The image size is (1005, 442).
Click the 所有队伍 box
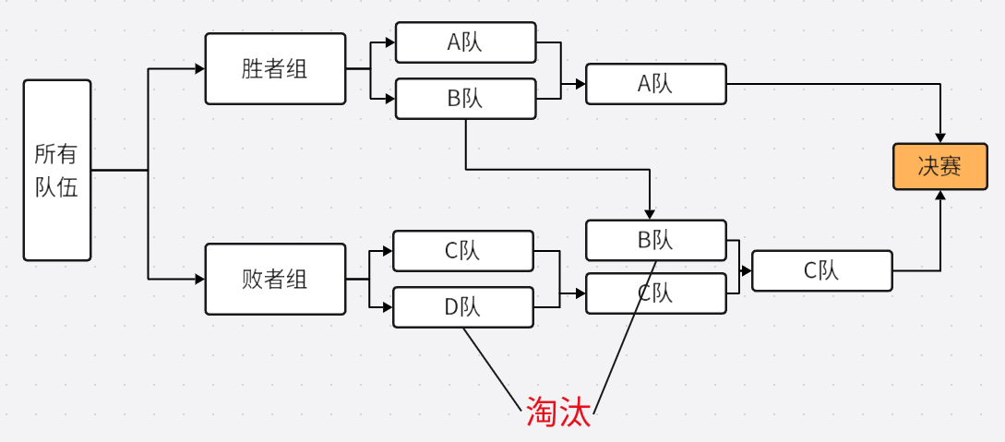[57, 170]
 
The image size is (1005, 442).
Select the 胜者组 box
[275, 69]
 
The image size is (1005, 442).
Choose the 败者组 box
[275, 279]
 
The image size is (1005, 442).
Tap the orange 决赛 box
[939, 166]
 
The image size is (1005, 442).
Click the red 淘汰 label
[558, 412]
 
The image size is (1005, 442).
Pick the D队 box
[463, 307]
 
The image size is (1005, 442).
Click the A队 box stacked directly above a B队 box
[465, 42]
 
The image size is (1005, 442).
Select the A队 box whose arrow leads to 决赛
[655, 84]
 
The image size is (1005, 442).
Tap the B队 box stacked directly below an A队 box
[465, 99]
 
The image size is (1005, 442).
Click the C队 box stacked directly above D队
[463, 251]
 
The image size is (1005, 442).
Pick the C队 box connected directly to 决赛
[821, 270]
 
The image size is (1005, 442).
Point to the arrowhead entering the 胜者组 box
[199, 69]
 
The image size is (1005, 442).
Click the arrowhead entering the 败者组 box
[199, 279]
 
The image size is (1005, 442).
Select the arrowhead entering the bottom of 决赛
[940, 196]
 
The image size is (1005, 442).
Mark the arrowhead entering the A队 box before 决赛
[580, 84]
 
